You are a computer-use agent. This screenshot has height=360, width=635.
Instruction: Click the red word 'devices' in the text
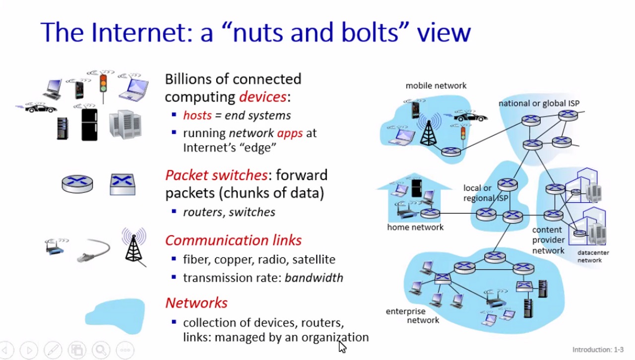point(262,96)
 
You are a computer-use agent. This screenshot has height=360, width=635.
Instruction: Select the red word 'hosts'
point(197,116)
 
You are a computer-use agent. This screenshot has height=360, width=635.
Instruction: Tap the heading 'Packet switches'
point(216,175)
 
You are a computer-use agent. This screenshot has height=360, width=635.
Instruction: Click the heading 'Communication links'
point(233,240)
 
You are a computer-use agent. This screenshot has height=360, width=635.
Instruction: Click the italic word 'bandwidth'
point(314,278)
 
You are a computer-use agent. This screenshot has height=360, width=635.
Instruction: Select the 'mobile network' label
point(436,86)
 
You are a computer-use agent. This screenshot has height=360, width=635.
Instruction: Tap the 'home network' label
point(415,227)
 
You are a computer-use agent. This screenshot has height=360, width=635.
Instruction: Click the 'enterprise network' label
point(412,316)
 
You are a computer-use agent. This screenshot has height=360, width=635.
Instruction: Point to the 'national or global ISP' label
point(539,104)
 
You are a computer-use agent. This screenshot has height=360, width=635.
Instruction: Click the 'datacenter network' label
point(592,256)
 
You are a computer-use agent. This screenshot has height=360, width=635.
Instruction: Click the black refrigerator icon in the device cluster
point(89,124)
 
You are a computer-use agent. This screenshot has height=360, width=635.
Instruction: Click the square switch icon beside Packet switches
point(123,184)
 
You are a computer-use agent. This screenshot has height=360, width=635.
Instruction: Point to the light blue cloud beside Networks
point(115,316)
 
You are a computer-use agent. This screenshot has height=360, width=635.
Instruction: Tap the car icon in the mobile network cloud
point(470,117)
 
